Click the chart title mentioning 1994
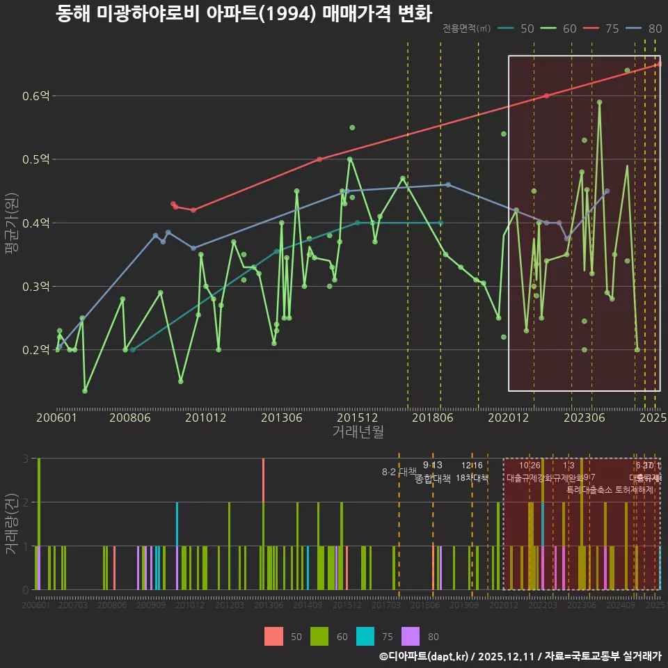point(244,13)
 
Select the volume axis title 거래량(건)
point(11,524)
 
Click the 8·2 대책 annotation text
point(399,472)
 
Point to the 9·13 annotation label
point(432,466)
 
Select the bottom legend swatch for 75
point(366,636)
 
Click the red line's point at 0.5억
point(319,159)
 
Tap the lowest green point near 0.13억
point(85,391)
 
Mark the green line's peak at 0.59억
point(599,102)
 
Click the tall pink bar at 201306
point(263,523)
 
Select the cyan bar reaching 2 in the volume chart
point(177,546)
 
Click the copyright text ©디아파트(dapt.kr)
point(424,656)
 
